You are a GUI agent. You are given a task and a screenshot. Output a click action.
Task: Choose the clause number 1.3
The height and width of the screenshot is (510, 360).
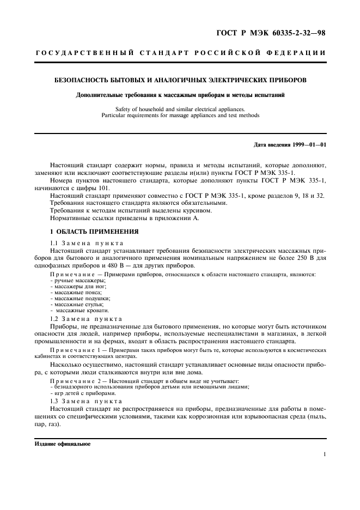(x=54, y=400)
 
